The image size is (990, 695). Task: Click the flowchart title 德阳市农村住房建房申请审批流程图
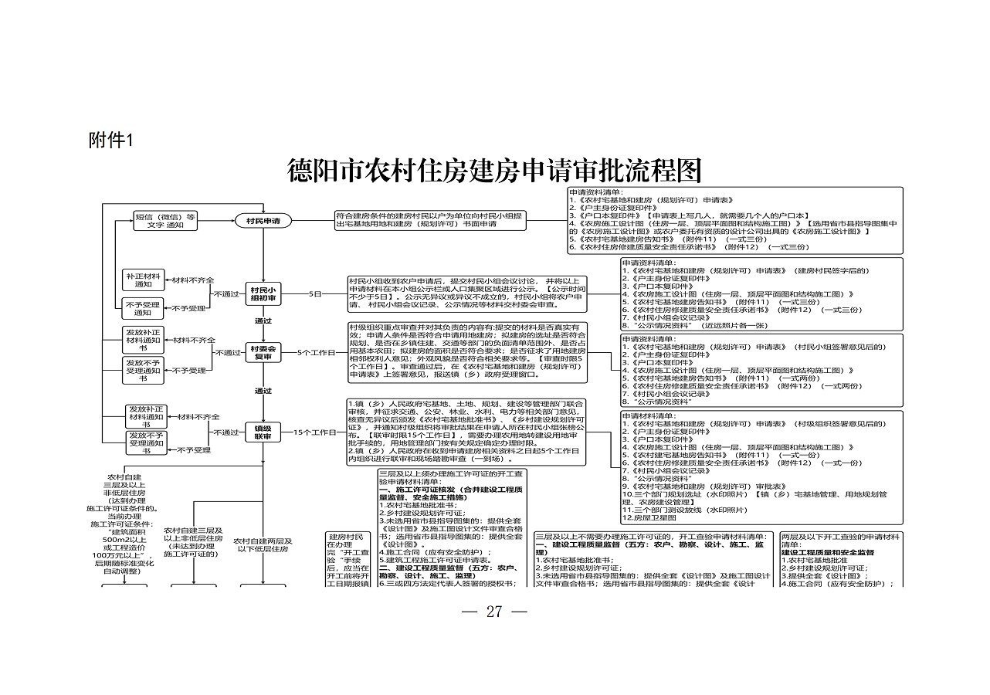(494, 170)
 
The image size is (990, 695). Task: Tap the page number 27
(494, 612)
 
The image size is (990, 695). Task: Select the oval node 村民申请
(263, 222)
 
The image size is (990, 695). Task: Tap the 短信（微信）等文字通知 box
(165, 221)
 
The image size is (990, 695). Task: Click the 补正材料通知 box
(143, 280)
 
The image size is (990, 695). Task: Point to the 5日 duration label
(315, 294)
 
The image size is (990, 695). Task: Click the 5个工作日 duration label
(317, 353)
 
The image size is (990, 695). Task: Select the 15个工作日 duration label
(315, 433)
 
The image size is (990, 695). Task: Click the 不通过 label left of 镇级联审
(226, 432)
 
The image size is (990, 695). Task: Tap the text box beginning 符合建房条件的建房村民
(430, 221)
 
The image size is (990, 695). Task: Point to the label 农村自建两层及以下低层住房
(263, 545)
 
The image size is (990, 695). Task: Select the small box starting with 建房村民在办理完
(347, 560)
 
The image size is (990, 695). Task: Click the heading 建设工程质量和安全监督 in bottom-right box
(828, 553)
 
